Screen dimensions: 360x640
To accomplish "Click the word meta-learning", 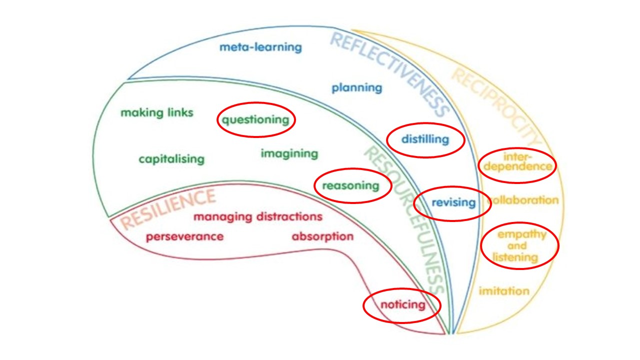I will pos(260,47).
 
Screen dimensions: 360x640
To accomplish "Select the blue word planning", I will pos(356,88).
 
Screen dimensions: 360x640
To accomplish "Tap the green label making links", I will pos(156,113).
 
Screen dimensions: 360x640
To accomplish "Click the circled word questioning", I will pos(255,120).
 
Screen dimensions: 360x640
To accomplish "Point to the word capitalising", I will pos(171,159).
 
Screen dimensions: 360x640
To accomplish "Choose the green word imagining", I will pos(289,153).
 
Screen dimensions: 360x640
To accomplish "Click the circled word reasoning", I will pos(350,186).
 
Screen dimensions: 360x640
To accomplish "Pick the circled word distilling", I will pos(425,139).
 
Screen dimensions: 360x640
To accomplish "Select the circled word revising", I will pos(453,202).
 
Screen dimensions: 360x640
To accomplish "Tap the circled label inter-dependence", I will pos(516,161).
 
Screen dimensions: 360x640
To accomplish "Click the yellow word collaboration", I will pos(523,200).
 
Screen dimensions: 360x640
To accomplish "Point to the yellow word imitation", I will pos(503,291).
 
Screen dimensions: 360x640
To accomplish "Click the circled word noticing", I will pos(402,304).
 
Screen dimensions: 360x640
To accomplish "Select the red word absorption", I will pos(322,236).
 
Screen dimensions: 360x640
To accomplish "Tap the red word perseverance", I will pos(184,236).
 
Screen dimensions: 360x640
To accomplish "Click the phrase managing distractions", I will pos(257,217).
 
